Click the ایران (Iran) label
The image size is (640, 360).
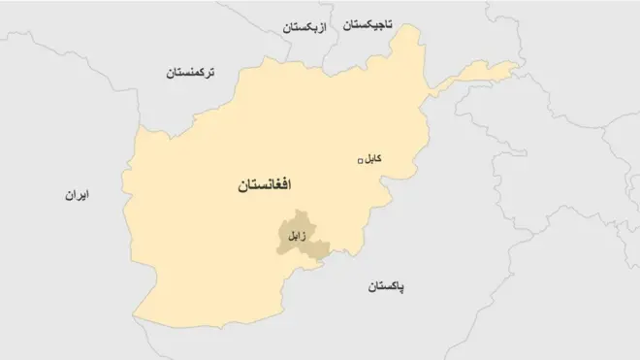(x=77, y=195)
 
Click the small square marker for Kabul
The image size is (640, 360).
(x=361, y=161)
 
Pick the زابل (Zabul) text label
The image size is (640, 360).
(x=294, y=235)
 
